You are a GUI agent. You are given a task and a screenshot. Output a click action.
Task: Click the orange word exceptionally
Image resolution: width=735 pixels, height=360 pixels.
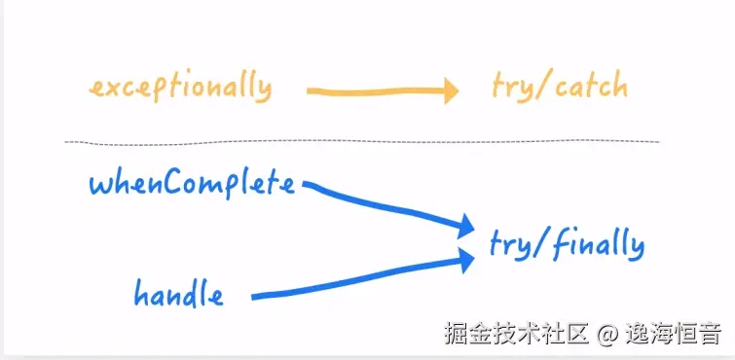[180, 89]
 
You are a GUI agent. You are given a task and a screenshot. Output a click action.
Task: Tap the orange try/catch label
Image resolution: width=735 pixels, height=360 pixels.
[559, 89]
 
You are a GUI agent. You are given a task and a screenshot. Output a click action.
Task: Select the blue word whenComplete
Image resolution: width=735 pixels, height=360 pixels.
[192, 184]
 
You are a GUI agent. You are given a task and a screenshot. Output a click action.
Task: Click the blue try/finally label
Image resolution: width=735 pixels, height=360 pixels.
[567, 244]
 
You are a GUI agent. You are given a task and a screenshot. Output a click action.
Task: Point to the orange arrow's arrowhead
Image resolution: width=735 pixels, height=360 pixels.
[449, 92]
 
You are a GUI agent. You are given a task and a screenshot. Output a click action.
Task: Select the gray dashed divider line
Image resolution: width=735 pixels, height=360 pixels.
[360, 142]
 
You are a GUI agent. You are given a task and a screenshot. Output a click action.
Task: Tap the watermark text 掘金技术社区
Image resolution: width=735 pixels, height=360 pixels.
[516, 336]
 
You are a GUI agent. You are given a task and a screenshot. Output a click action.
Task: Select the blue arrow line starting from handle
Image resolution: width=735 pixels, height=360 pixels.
[360, 277]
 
